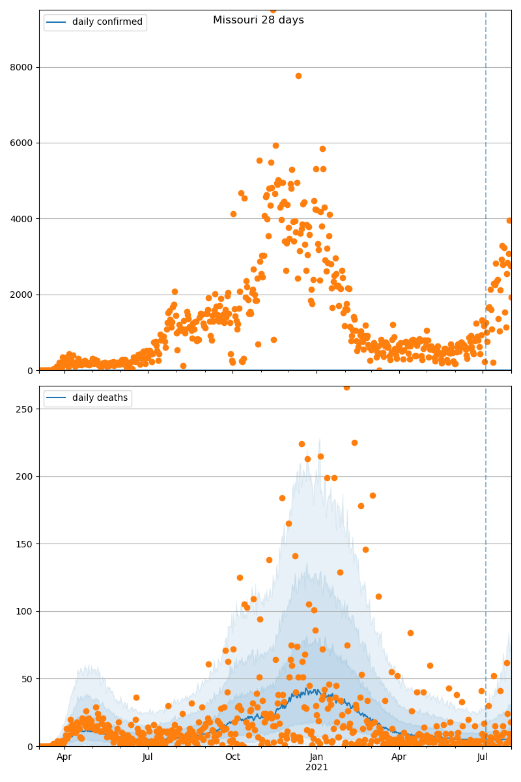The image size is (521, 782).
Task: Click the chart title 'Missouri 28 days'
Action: tap(258, 20)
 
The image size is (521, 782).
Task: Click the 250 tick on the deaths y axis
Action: tap(25, 409)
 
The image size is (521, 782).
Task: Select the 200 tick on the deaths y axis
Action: tap(25, 476)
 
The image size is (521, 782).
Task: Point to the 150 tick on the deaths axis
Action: tap(25, 544)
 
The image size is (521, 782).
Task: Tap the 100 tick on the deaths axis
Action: tap(25, 611)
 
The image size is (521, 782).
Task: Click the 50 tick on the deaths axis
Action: tap(27, 679)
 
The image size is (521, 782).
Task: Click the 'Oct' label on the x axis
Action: tap(232, 757)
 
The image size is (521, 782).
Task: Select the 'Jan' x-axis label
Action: tap(317, 757)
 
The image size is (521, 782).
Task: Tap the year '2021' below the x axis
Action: tap(317, 768)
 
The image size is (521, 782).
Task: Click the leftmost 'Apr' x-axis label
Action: tap(64, 757)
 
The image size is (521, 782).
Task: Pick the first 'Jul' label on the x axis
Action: tap(148, 757)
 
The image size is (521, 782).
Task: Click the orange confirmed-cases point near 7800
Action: tap(298, 76)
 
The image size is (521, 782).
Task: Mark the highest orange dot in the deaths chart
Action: tap(346, 387)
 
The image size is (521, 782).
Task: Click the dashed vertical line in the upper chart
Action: tap(486, 195)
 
